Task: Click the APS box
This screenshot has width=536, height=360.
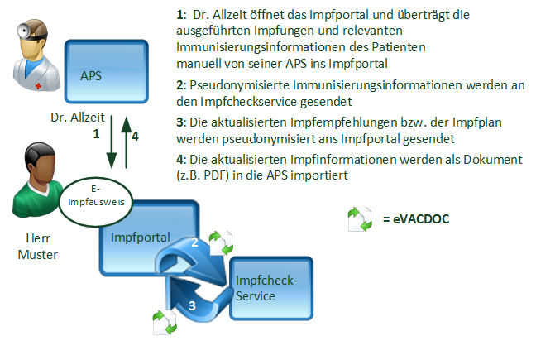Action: [103, 74]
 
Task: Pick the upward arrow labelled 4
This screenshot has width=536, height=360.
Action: [125, 142]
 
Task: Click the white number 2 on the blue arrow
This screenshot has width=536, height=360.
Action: [195, 243]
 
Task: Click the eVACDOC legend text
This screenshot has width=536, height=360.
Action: [410, 220]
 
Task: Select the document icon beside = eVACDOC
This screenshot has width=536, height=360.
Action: [360, 219]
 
